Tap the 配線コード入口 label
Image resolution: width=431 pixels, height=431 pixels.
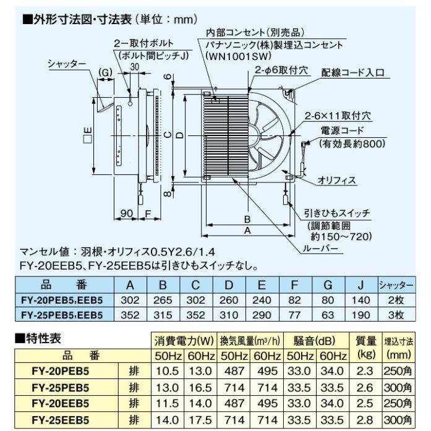click(x=352, y=72)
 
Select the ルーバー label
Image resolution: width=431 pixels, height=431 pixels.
click(x=321, y=249)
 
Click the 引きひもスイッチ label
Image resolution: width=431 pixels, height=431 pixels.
click(x=338, y=212)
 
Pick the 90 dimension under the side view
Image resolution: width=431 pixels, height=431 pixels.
click(x=127, y=214)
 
